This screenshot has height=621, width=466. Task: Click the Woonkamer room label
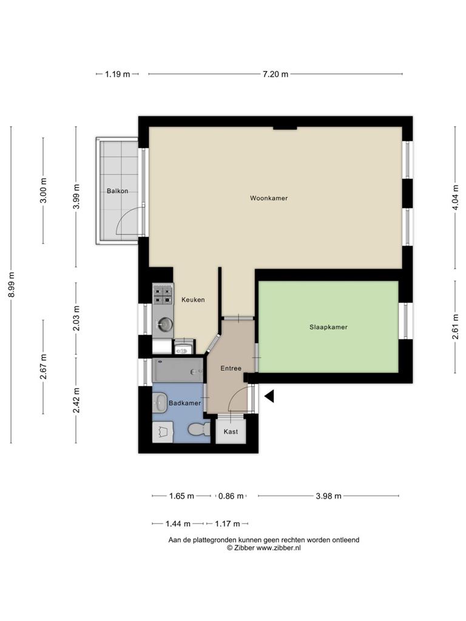point(269,198)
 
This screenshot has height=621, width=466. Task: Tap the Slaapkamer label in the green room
point(328,327)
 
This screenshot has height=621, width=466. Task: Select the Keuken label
point(193,300)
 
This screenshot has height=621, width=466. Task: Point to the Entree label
point(231,368)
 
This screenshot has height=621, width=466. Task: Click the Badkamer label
point(184,403)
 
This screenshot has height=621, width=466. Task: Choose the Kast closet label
point(231,431)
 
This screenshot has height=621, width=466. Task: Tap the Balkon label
point(117,191)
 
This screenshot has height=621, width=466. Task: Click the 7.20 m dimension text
point(275,74)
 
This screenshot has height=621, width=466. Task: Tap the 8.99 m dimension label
point(12,284)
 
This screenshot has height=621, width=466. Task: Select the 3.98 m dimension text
point(328,496)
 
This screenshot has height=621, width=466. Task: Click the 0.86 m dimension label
point(231,496)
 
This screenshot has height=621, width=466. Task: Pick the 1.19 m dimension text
point(117,74)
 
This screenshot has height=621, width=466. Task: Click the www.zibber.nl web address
point(279,548)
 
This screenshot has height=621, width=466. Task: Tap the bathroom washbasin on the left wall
point(160,403)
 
